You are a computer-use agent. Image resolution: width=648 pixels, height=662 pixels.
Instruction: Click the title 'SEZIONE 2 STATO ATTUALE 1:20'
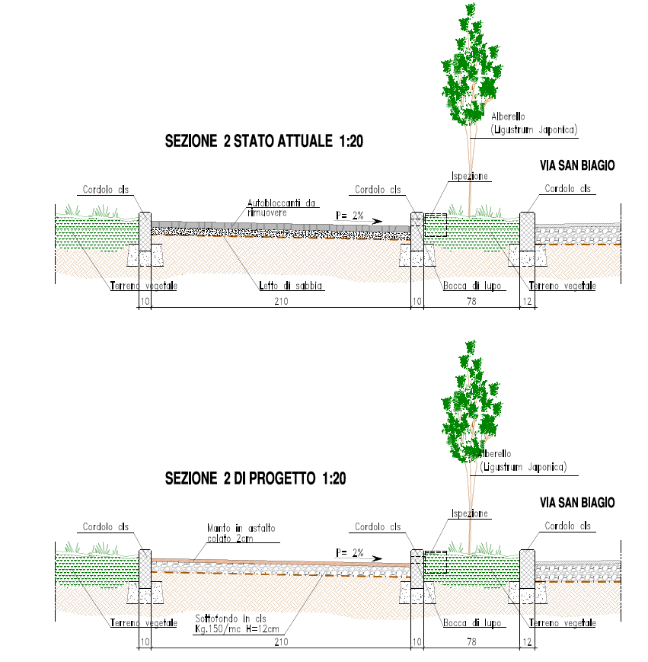click(x=263, y=141)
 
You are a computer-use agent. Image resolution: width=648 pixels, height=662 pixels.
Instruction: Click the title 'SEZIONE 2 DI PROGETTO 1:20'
click(x=256, y=479)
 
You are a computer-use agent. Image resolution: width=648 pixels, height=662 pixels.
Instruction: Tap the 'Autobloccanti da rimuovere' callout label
click(x=282, y=208)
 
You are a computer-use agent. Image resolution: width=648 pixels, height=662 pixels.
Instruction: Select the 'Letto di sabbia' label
click(x=292, y=286)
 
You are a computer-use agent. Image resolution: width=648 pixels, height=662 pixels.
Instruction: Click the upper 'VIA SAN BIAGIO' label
click(x=576, y=165)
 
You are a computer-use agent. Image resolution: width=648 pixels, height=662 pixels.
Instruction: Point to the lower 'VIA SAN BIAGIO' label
click(x=576, y=503)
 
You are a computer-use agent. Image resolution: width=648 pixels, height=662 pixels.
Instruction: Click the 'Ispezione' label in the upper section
click(x=469, y=176)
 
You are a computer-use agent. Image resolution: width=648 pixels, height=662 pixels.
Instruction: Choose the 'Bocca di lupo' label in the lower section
click(x=472, y=623)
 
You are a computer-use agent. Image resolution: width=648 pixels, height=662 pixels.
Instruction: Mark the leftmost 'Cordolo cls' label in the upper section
click(x=106, y=190)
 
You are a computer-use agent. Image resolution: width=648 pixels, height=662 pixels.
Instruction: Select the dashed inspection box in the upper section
click(x=436, y=225)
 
